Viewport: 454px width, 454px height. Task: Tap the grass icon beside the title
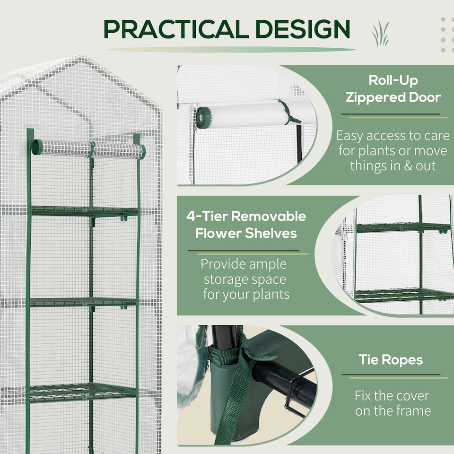pos(380,34)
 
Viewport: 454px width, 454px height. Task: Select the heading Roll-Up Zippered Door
pos(393,89)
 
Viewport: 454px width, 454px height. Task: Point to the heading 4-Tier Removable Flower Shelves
pos(246,225)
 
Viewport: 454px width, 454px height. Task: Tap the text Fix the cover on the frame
pos(393,402)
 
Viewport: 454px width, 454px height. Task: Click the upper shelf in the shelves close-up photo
pos(402,228)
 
